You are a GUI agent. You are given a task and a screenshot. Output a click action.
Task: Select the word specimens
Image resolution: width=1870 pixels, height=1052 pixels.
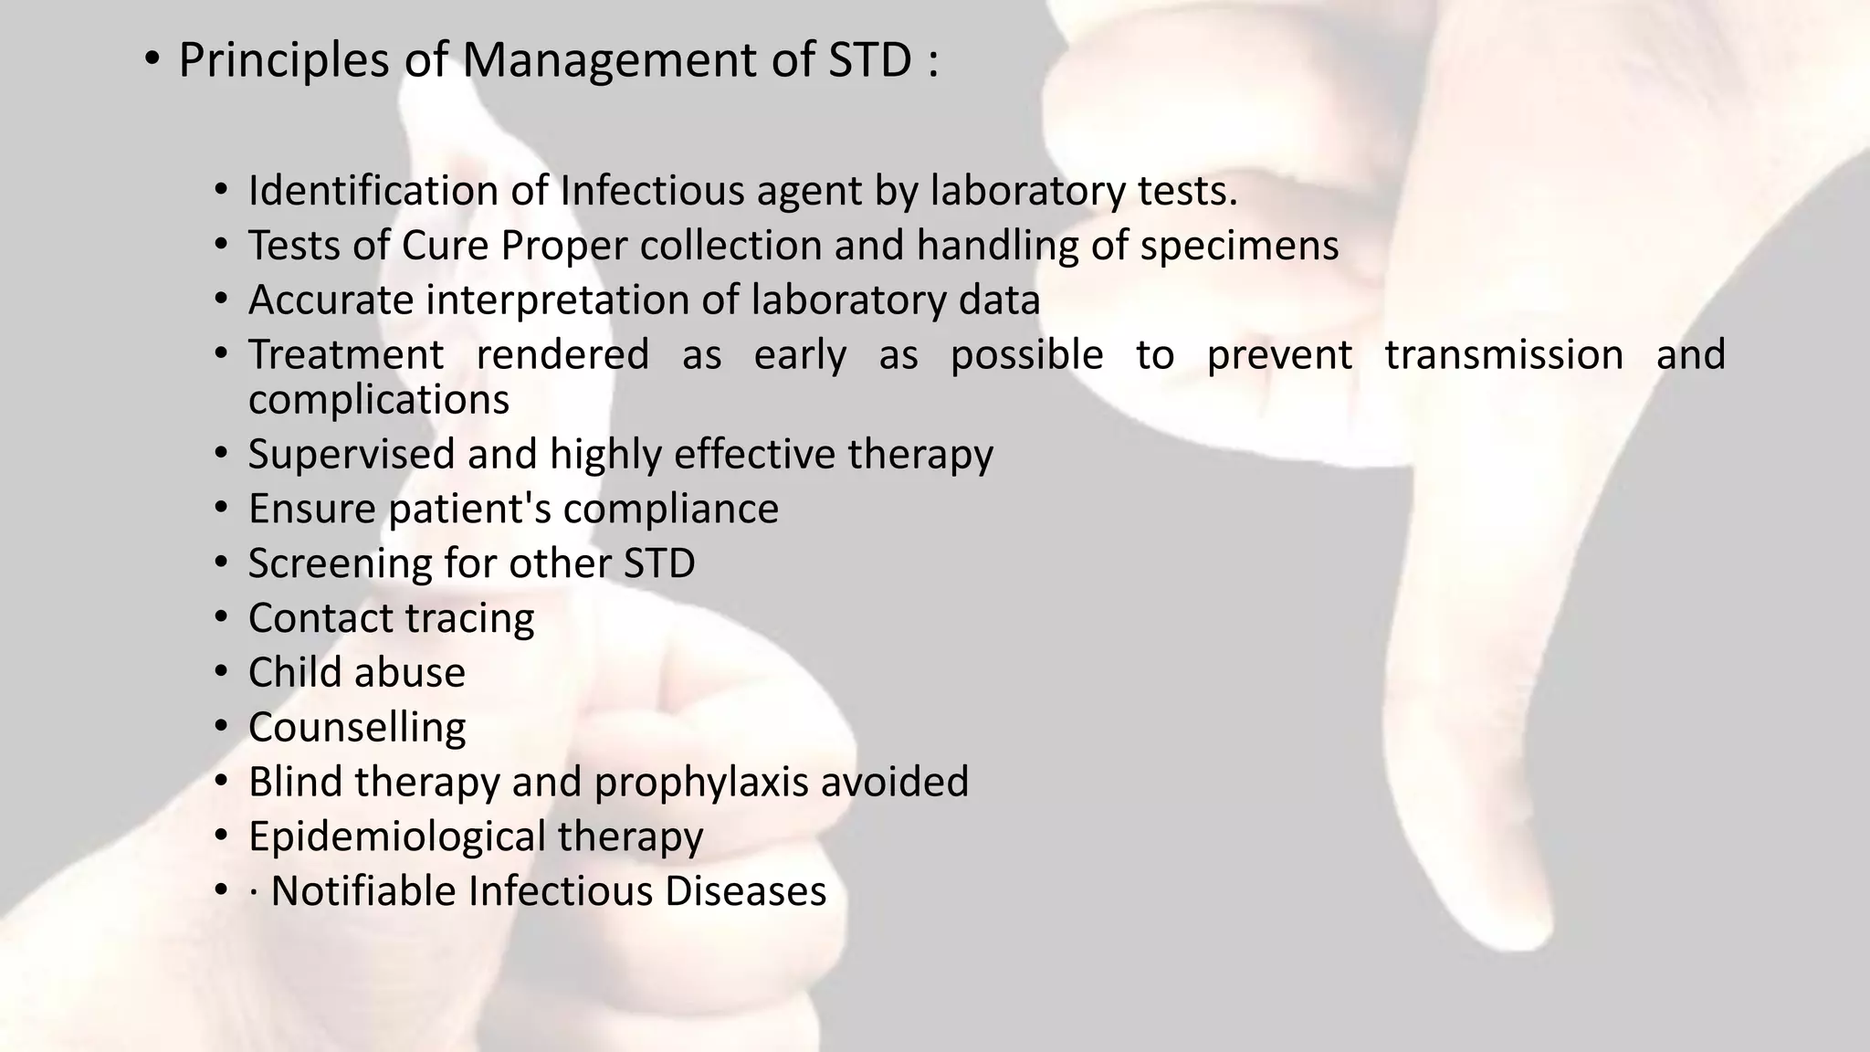[1239, 247]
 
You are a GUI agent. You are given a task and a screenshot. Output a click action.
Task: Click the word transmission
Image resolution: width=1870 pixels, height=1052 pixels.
[1503, 355]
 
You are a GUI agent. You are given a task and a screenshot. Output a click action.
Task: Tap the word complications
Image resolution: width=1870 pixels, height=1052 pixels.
[378, 400]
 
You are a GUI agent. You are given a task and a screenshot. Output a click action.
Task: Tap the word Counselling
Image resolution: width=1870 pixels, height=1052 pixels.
[357, 728]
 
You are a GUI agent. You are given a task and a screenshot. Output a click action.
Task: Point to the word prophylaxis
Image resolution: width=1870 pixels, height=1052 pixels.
[701, 783]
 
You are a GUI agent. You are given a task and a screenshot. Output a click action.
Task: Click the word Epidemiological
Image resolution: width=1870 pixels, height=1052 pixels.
[396, 836]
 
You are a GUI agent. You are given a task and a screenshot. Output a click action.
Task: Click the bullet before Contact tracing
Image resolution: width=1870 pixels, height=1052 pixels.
[221, 617]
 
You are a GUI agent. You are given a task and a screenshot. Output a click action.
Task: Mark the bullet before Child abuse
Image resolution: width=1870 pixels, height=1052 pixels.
[221, 672]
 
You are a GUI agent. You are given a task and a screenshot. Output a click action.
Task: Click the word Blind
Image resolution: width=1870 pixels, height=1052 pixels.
[295, 783]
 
